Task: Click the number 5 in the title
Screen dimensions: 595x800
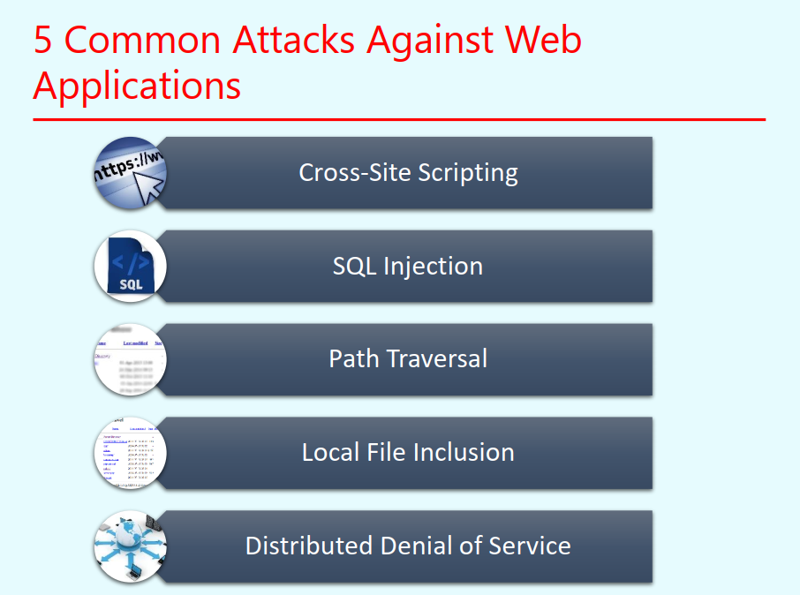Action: coord(45,41)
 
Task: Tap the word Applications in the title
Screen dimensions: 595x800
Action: coord(137,87)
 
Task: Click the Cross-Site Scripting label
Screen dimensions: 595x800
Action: coord(408,172)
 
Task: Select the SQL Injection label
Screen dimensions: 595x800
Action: coord(408,266)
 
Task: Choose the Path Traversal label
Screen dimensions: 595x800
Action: coord(408,358)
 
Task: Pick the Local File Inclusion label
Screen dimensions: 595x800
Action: coord(408,452)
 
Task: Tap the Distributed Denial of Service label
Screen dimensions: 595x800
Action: coord(408,546)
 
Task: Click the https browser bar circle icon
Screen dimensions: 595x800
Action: coord(130,173)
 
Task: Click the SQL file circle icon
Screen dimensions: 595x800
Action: coord(130,266)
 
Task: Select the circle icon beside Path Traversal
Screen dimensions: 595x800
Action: coord(130,359)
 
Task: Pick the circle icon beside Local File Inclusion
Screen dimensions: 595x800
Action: coord(130,453)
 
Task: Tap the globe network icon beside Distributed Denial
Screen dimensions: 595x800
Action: coord(130,546)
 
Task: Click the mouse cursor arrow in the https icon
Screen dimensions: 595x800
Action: coord(151,186)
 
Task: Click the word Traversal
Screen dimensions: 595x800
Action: coord(443,358)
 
